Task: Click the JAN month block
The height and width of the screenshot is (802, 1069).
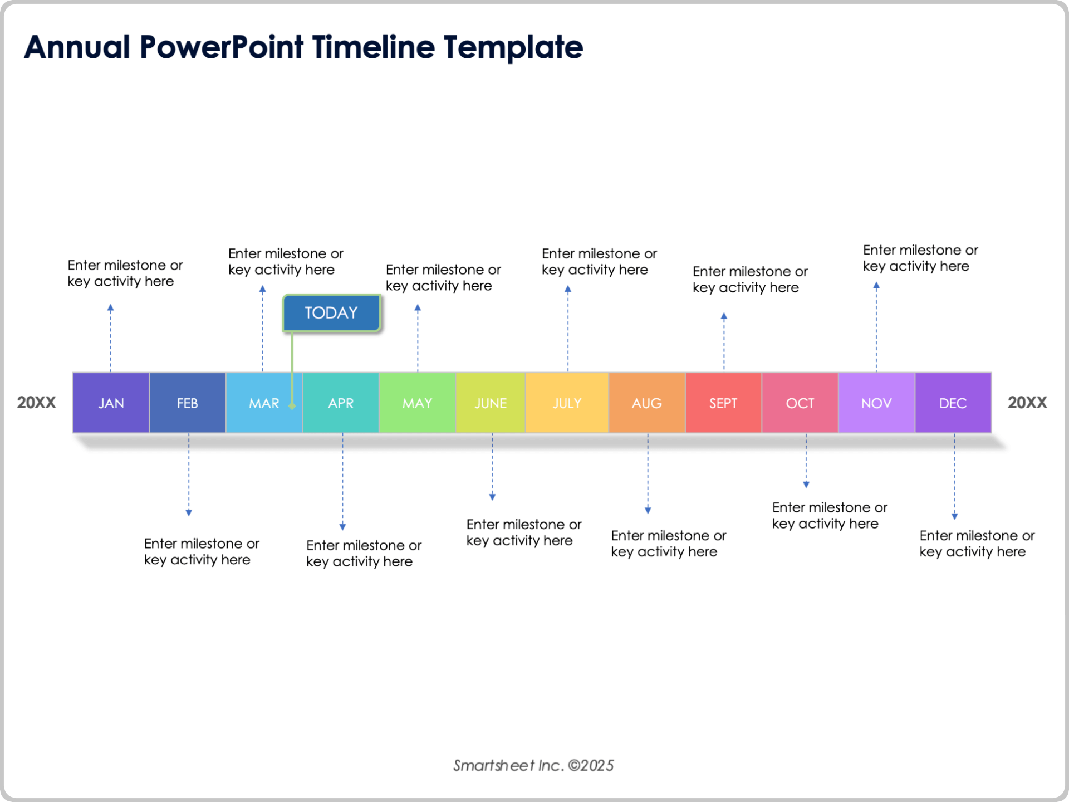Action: point(111,403)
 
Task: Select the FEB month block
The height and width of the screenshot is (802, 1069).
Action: point(187,403)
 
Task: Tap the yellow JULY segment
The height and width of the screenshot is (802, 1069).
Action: point(567,403)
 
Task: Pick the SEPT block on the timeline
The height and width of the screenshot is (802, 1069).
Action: point(723,403)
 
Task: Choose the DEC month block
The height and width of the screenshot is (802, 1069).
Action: point(953,403)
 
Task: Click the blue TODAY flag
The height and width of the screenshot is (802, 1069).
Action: point(331,312)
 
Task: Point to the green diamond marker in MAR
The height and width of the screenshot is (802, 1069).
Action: point(292,405)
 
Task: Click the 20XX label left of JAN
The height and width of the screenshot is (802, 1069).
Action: point(36,403)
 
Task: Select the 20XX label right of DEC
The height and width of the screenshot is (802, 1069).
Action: point(1027,403)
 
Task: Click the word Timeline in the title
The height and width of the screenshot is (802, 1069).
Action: point(373,47)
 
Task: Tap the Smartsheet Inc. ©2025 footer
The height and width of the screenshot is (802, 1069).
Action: point(533,765)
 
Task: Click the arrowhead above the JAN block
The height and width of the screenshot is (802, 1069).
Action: point(110,307)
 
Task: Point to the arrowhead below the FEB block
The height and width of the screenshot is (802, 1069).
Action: point(189,512)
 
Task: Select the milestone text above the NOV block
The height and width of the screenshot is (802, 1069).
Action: point(920,258)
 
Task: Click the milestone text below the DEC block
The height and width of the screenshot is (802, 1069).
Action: point(977,543)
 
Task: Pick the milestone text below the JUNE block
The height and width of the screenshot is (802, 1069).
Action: point(523,532)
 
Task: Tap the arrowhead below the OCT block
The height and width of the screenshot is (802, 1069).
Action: point(806,485)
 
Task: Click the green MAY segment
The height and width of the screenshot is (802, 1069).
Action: point(417,403)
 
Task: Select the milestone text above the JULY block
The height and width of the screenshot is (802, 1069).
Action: point(599,261)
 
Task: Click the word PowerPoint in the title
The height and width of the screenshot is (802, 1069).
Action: point(222,47)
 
